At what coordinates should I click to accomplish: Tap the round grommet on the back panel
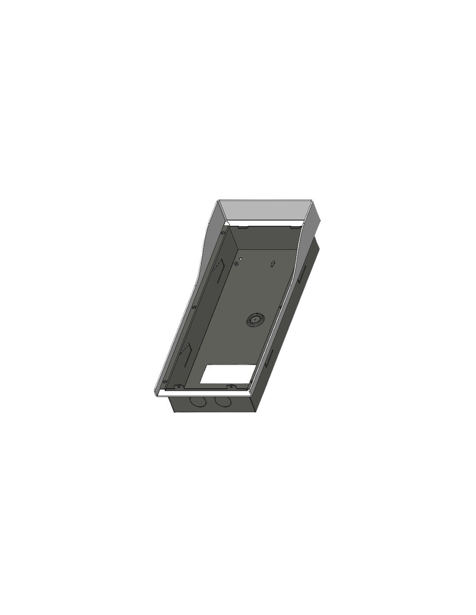coord(252,320)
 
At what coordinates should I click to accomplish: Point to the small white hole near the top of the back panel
coord(241,259)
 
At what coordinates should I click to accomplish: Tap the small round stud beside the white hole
coord(236,263)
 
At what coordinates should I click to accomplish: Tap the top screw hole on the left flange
coord(223,233)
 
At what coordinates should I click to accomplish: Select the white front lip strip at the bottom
coord(203,392)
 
